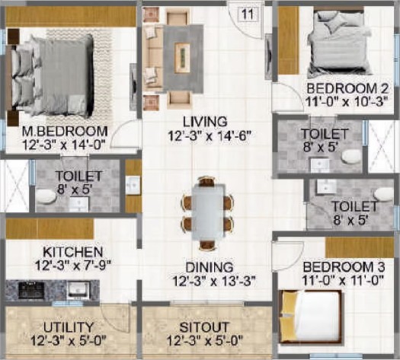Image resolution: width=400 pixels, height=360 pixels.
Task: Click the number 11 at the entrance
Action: coord(247,14)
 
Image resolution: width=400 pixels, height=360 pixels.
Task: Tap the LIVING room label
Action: coord(205,122)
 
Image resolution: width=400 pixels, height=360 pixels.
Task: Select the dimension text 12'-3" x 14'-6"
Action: coord(208,135)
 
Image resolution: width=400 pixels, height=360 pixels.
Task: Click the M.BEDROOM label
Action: coord(65,132)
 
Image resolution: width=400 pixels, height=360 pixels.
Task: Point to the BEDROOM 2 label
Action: coord(347,89)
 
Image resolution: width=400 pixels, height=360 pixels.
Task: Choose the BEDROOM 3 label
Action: coord(344,267)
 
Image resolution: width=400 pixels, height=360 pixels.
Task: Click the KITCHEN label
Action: coord(72,252)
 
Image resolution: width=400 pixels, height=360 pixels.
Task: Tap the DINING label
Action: coord(210,267)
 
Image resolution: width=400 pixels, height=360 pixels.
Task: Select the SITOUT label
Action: coord(203,327)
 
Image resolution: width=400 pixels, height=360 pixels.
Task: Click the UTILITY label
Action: coord(68,327)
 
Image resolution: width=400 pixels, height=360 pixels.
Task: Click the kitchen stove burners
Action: coord(31,290)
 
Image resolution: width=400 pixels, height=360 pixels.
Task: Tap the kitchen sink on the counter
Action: coord(78,290)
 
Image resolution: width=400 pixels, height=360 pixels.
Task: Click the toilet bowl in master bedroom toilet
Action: coord(45,196)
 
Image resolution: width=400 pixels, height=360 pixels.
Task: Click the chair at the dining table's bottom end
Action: coord(209,245)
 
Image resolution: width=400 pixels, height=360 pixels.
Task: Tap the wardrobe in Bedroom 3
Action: coord(360,247)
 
